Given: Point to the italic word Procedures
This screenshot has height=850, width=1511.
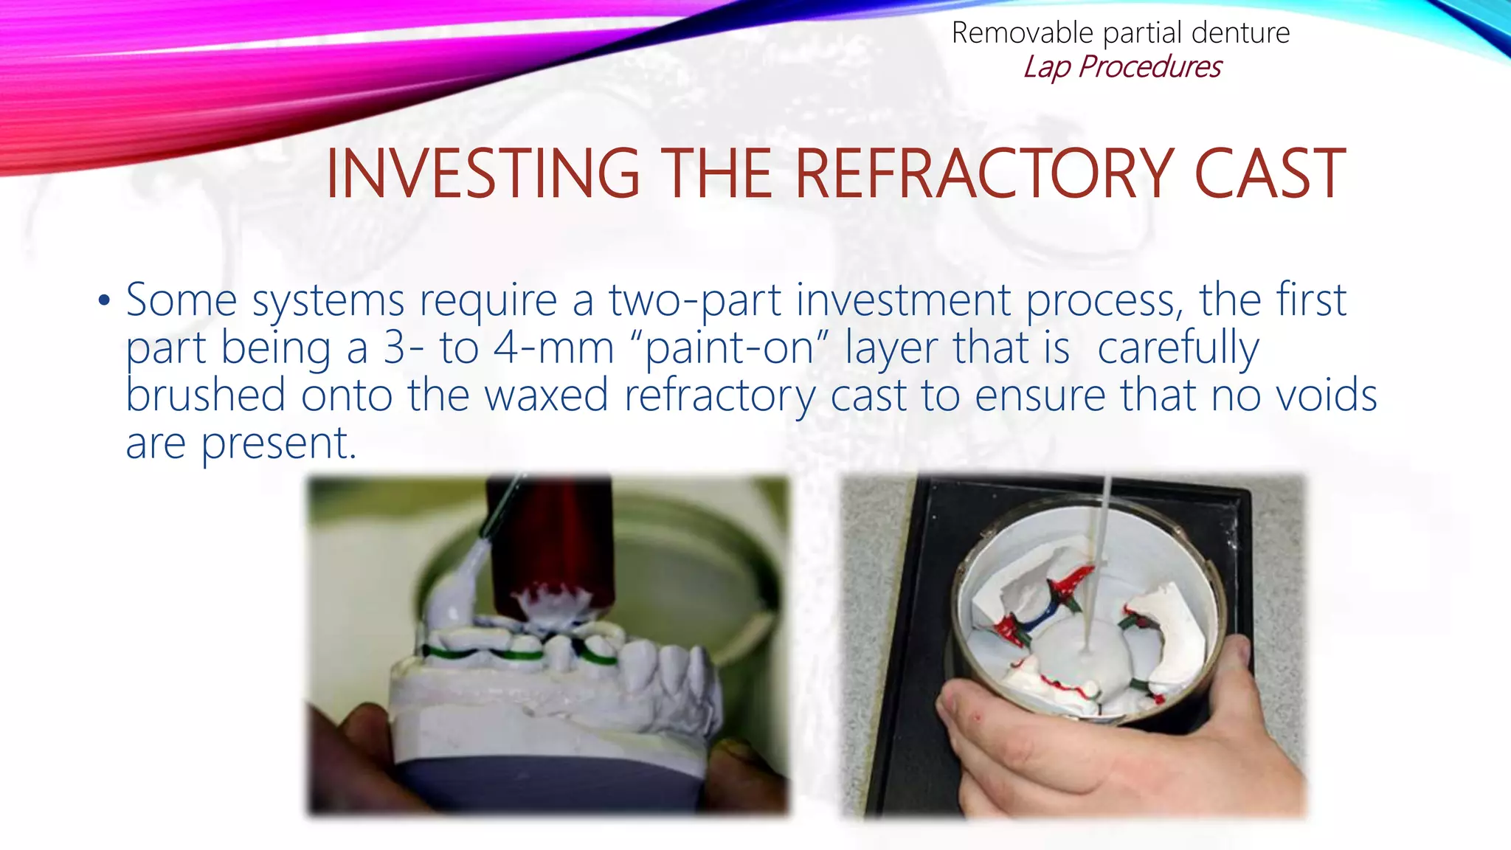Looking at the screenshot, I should point(1149,67).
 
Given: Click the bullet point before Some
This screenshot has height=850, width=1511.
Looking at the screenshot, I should point(104,301).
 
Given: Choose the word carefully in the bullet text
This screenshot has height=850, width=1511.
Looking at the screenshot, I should point(1178,348).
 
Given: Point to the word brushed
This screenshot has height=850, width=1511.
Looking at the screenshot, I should point(205,395).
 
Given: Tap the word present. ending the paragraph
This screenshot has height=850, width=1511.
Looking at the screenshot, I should point(279,443).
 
